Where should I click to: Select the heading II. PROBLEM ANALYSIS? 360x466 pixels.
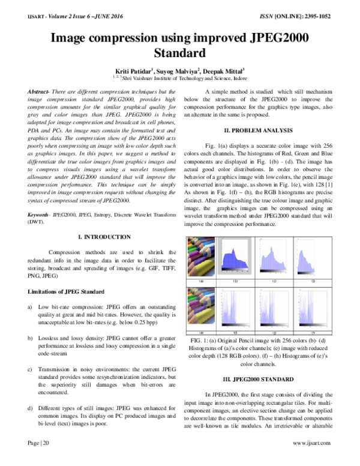coord(257,130)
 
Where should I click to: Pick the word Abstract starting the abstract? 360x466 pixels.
coord(39,91)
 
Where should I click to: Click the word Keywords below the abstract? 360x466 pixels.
coord(38,214)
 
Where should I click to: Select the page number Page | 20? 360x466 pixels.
coord(37,459)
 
